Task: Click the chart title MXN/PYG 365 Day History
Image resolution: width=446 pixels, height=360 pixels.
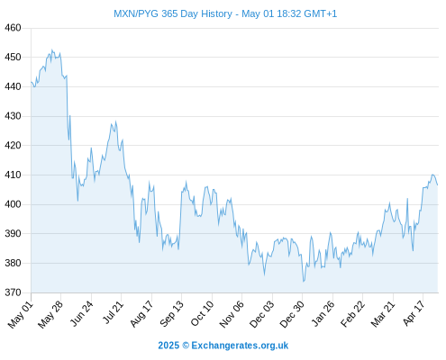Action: click(173, 13)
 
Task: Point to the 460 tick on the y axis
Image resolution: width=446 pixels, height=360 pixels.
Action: click(13, 28)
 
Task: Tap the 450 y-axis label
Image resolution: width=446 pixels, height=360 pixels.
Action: click(13, 57)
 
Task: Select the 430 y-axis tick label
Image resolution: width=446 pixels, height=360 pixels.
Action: click(13, 116)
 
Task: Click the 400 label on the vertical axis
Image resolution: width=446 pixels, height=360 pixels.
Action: click(13, 204)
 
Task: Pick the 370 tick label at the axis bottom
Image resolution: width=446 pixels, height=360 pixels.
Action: click(13, 292)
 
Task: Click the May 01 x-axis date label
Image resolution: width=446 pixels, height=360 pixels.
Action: click(21, 314)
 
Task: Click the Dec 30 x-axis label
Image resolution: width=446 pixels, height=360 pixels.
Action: click(292, 314)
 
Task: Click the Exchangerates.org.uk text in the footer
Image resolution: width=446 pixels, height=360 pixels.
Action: click(240, 346)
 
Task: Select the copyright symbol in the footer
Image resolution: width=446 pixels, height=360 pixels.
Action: click(186, 346)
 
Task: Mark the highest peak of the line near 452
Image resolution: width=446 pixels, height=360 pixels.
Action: click(52, 49)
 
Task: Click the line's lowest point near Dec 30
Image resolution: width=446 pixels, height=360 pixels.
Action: click(304, 282)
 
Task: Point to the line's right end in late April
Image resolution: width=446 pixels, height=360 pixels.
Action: click(438, 184)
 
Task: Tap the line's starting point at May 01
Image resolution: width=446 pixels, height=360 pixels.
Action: click(32, 82)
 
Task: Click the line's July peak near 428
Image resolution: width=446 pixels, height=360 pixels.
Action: click(116, 121)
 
